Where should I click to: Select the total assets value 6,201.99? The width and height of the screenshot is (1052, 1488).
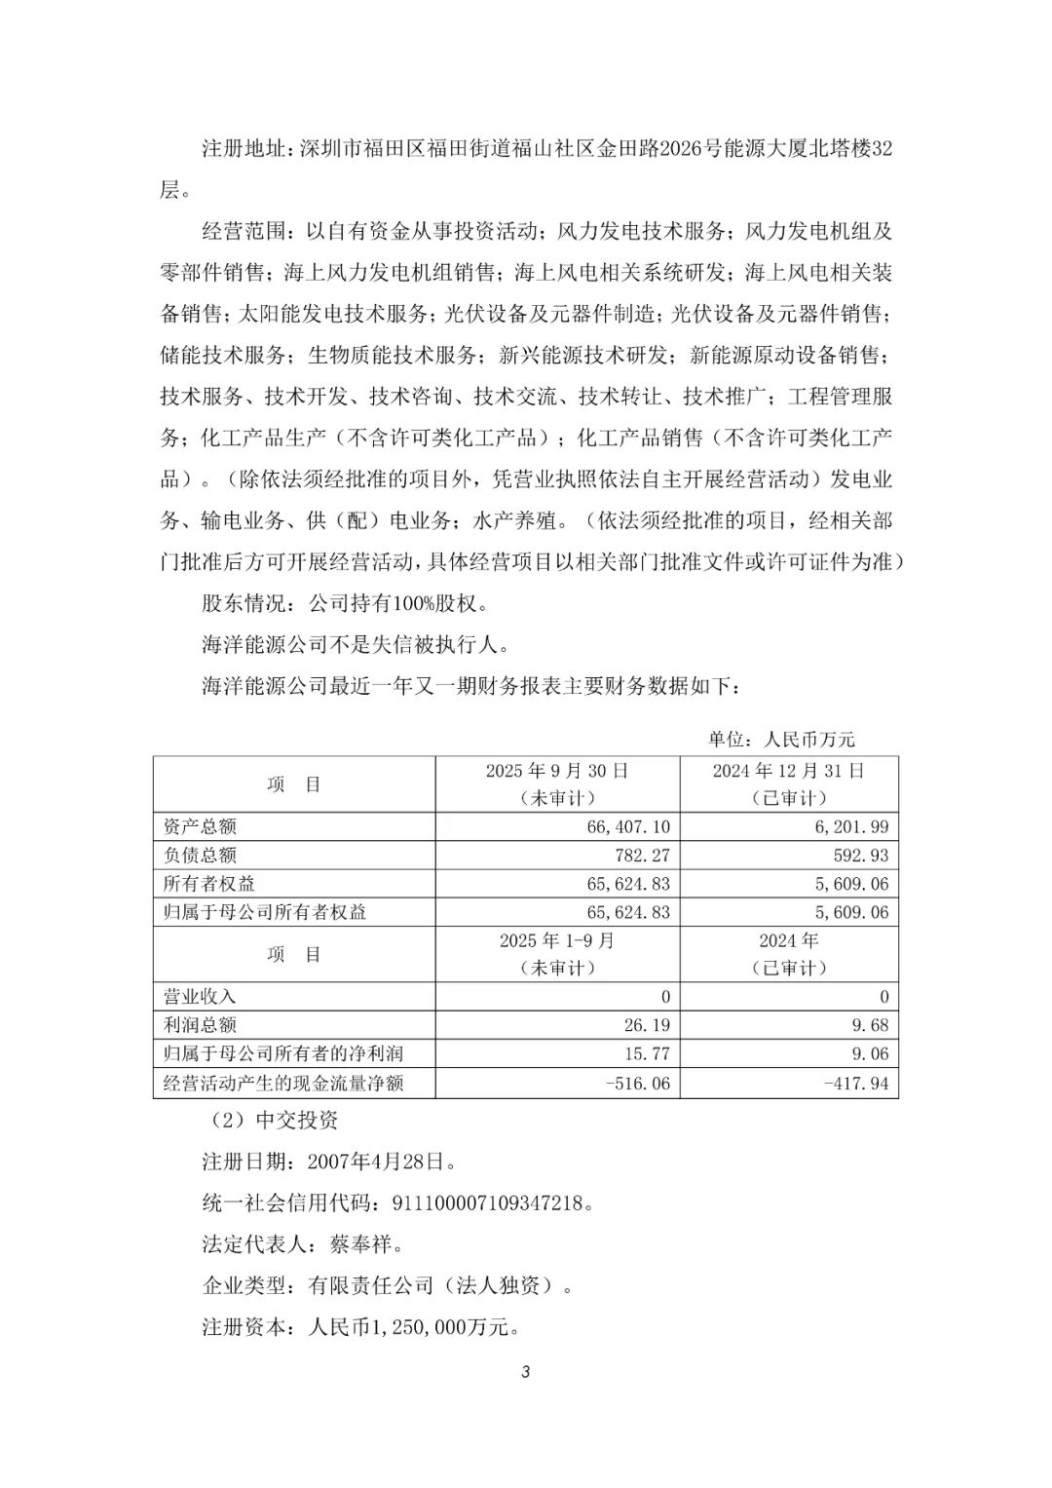pyautogui.click(x=854, y=827)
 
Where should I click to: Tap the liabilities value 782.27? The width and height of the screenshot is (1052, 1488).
pyautogui.click(x=639, y=856)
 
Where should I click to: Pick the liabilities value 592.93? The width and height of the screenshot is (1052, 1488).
pyautogui.click(x=858, y=856)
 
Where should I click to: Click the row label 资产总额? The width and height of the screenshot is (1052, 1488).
pyautogui.click(x=200, y=827)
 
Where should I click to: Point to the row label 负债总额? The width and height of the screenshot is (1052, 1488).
pyautogui.click(x=200, y=856)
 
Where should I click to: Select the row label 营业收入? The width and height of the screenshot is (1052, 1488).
pyautogui.click(x=200, y=997)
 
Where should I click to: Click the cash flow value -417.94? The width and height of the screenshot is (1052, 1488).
pyautogui.click(x=856, y=1083)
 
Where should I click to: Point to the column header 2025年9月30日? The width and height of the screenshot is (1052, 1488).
pyautogui.click(x=557, y=771)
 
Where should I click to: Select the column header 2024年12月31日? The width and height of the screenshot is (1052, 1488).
pyautogui.click(x=788, y=771)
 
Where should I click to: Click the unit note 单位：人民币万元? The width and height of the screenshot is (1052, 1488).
pyautogui.click(x=781, y=740)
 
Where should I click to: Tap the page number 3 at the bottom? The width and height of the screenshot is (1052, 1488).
pyautogui.click(x=526, y=1373)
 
